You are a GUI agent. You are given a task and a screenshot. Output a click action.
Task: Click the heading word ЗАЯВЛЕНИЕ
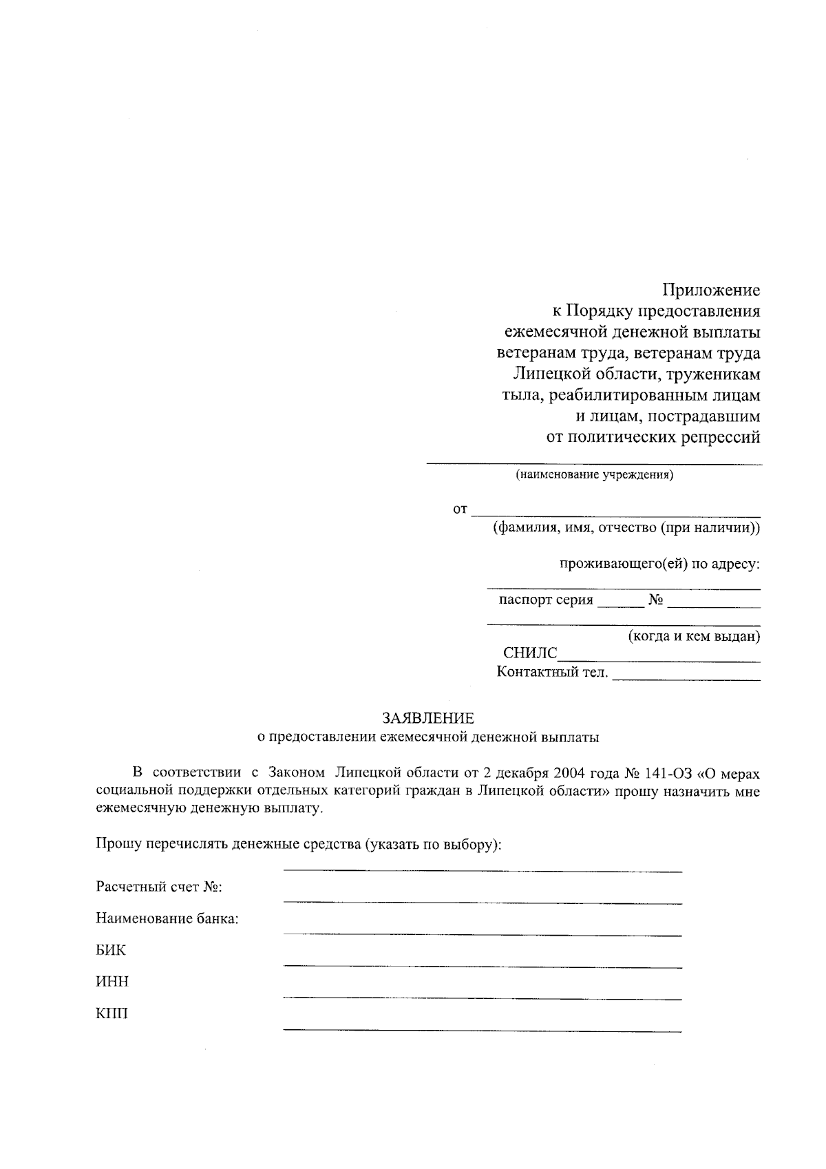(428, 718)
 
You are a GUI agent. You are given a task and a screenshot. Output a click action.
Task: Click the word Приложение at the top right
(711, 290)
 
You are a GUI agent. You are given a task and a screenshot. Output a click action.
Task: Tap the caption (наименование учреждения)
(595, 475)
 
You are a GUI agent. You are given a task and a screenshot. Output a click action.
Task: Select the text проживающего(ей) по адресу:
(659, 565)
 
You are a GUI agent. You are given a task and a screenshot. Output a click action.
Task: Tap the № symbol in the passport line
(655, 600)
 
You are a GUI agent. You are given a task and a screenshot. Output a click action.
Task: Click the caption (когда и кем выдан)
(694, 636)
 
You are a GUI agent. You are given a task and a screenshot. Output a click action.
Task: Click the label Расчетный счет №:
(159, 887)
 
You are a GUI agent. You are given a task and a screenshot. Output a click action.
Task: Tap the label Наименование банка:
(167, 918)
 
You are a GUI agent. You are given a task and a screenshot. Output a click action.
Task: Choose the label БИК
(111, 950)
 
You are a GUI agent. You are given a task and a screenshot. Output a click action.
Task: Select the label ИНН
(112, 982)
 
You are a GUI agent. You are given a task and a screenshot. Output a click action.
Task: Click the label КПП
(112, 1013)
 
